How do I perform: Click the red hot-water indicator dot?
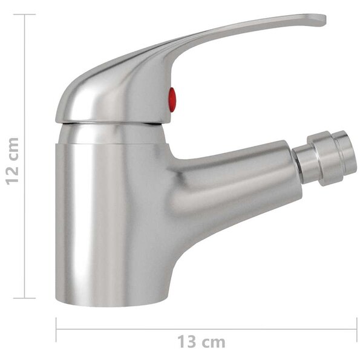[x=172, y=99]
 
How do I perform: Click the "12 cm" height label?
[x=12, y=161]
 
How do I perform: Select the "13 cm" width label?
[x=201, y=342]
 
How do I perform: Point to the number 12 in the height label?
[x=12, y=174]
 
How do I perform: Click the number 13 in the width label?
[x=186, y=342]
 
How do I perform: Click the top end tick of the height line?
[x=25, y=15]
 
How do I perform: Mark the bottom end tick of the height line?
[x=25, y=298]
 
